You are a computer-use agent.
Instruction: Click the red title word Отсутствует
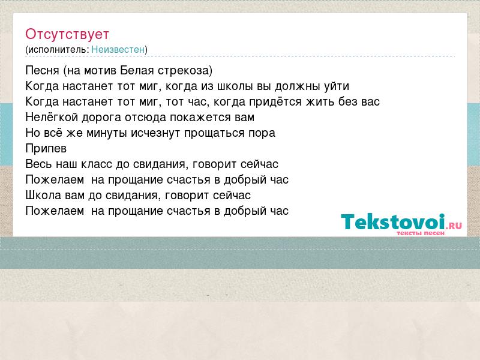(67, 34)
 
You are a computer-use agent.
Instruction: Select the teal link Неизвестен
(118, 49)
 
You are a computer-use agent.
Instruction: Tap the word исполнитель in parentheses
(58, 50)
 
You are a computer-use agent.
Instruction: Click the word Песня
(42, 70)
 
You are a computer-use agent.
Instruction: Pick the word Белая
(137, 70)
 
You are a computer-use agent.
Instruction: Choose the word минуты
(107, 133)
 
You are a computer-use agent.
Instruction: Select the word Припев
(46, 149)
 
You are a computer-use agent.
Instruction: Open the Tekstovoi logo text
(393, 221)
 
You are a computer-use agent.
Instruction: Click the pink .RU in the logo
(454, 226)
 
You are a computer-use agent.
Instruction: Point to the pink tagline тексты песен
(421, 233)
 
